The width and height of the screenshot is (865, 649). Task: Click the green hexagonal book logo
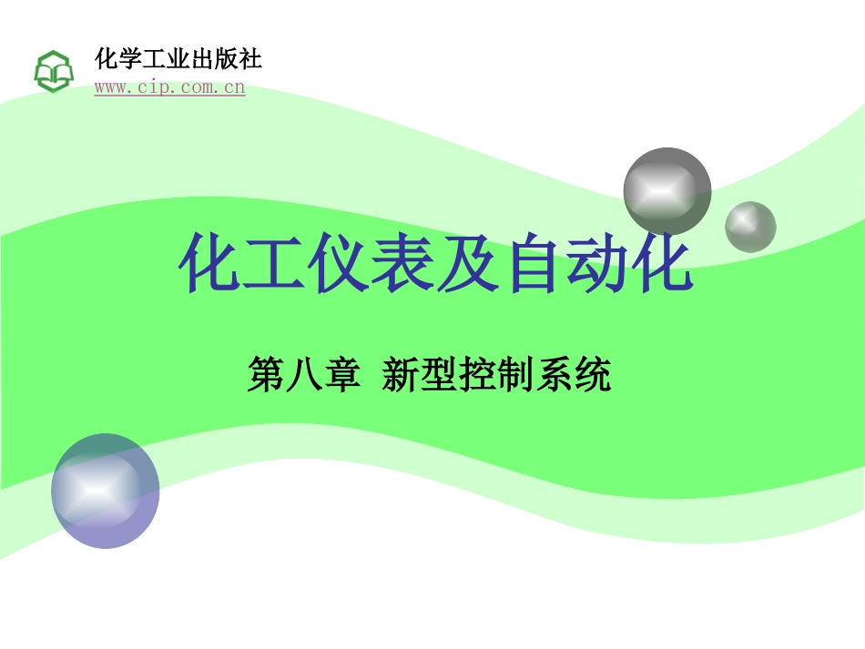54,71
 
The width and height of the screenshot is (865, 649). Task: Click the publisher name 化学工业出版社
178,59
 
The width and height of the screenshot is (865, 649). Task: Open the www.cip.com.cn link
169,87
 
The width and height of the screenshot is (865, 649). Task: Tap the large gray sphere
667,191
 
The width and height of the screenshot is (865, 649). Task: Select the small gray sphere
750,228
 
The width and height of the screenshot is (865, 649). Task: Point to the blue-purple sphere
106,491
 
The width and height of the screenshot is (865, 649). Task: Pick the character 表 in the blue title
403,262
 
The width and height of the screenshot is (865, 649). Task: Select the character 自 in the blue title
533,262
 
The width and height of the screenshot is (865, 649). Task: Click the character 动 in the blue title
597,262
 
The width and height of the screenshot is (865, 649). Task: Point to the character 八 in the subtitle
303,374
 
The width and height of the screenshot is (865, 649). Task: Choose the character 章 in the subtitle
342,374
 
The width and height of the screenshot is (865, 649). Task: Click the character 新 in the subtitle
401,374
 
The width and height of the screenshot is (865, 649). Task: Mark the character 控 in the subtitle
478,374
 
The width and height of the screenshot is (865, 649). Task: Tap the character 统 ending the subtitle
592,374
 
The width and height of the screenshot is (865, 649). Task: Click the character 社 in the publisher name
249,59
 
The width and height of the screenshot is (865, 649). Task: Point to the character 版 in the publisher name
226,59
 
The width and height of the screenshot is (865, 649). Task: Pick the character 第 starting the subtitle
266,374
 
